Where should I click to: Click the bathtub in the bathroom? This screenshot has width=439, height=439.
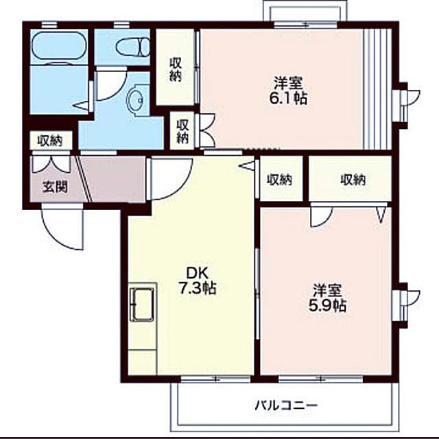(59, 45)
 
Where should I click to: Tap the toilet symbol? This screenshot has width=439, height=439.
(132, 47)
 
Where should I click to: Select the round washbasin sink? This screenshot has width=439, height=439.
(135, 100)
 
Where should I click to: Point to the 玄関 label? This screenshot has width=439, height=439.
(56, 187)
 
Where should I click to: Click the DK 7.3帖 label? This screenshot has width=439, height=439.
(197, 281)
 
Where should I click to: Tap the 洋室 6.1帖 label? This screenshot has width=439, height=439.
(288, 91)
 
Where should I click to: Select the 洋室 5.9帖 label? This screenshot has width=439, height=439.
(327, 298)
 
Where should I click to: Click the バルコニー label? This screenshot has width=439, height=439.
(286, 405)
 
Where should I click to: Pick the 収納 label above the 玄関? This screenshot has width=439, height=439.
(51, 141)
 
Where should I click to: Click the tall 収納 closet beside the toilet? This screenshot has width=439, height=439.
(175, 67)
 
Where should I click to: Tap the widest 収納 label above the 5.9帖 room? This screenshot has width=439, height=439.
(353, 180)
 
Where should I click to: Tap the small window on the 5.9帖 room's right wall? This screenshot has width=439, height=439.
(407, 305)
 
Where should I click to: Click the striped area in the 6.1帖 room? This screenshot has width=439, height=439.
(377, 89)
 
